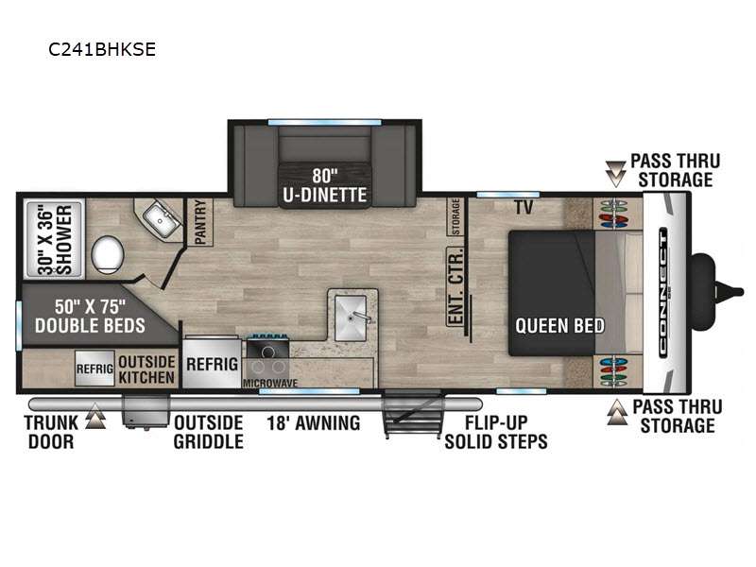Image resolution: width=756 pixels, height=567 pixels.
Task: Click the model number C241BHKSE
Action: (x=102, y=49)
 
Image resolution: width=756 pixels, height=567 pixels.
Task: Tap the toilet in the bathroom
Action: (x=108, y=254)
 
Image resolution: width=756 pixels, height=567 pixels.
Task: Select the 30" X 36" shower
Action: (x=55, y=239)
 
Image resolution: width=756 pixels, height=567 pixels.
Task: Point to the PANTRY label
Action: (x=200, y=222)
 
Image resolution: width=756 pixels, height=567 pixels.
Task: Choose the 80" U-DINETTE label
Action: (x=324, y=185)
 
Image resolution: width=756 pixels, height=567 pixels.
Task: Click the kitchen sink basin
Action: (x=351, y=318)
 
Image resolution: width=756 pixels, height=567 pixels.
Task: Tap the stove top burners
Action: (x=268, y=352)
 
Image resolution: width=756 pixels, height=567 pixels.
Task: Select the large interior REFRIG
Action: (x=212, y=363)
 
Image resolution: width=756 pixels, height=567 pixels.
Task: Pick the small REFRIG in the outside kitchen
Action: (x=94, y=369)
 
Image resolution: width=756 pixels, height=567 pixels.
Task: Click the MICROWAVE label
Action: (x=270, y=384)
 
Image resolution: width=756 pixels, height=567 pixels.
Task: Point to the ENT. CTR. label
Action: (x=455, y=286)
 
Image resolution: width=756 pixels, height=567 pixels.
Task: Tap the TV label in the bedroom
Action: (x=524, y=207)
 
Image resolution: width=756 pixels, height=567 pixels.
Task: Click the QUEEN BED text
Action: (x=559, y=325)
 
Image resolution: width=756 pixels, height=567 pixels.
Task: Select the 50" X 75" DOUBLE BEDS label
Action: (x=90, y=317)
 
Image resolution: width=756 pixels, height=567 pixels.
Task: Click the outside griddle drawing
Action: (x=146, y=411)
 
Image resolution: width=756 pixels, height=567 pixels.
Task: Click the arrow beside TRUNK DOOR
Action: (x=95, y=416)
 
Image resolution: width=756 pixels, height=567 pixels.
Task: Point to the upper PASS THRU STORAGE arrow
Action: (x=615, y=174)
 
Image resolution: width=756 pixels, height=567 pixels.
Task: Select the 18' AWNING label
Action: (x=314, y=422)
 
